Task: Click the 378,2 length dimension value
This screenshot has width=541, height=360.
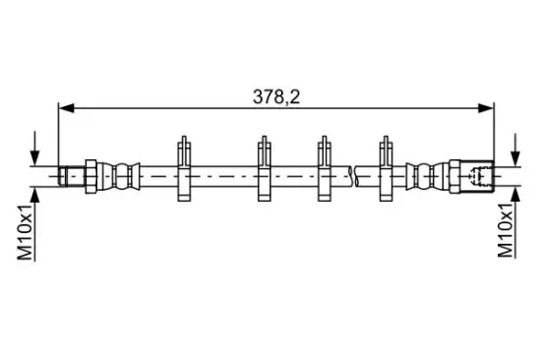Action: pos(276,97)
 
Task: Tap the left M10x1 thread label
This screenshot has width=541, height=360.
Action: pos(25,231)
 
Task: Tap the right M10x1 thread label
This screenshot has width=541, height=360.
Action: pos(506,230)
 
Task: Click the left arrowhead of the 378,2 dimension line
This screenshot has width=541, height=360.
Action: pos(66,108)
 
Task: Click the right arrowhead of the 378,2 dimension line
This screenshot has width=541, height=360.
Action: pos(486,108)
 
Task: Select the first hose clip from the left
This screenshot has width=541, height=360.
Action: pos(184,169)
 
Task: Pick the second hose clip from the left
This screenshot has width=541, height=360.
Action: pos(265,169)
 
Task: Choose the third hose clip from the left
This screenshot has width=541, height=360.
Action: pos(325,169)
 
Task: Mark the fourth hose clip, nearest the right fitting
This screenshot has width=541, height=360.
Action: pos(387,169)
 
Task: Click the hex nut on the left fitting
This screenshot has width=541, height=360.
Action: pos(90,176)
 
